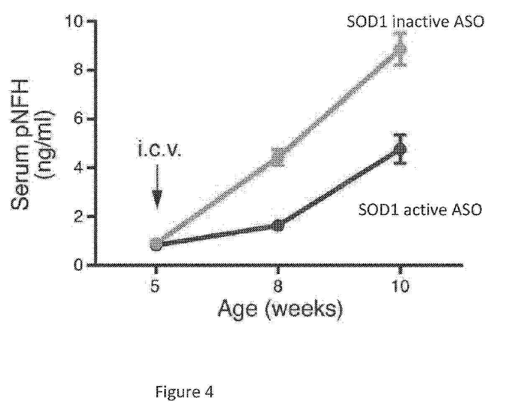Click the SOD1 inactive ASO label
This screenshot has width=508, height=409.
415,22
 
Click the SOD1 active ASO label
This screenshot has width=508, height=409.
420,209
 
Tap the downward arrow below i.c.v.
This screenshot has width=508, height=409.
157,187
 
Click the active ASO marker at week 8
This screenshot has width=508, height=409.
279,226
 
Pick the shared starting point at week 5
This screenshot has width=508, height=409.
156,244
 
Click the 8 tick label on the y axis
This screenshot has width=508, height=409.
78,70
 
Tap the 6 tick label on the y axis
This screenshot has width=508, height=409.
78,119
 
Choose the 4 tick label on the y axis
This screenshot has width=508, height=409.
78,168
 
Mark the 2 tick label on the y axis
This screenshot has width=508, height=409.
78,216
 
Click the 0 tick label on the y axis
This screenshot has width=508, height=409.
78,265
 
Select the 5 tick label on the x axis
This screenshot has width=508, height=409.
155,286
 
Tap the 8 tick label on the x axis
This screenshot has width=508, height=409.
278,286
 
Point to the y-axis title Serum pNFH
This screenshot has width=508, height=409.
20,143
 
